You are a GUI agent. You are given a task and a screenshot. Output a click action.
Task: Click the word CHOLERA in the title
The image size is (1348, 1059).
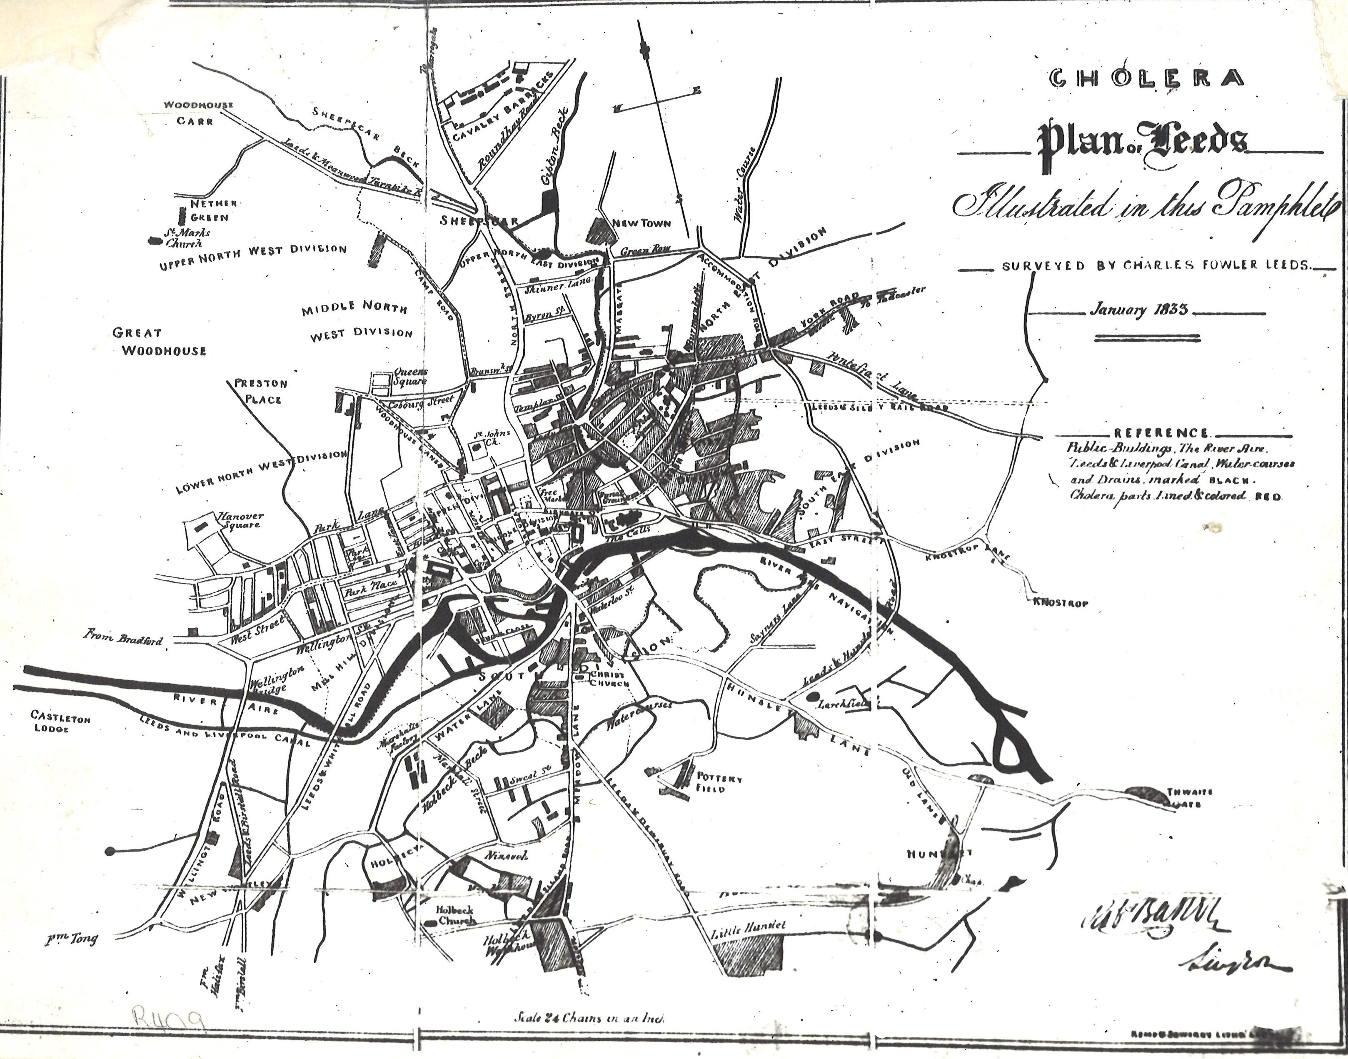pos(1146,95)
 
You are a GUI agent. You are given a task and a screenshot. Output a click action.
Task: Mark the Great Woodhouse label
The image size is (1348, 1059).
pos(160,342)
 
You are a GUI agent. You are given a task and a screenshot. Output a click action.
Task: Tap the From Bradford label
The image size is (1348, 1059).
pos(124,639)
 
